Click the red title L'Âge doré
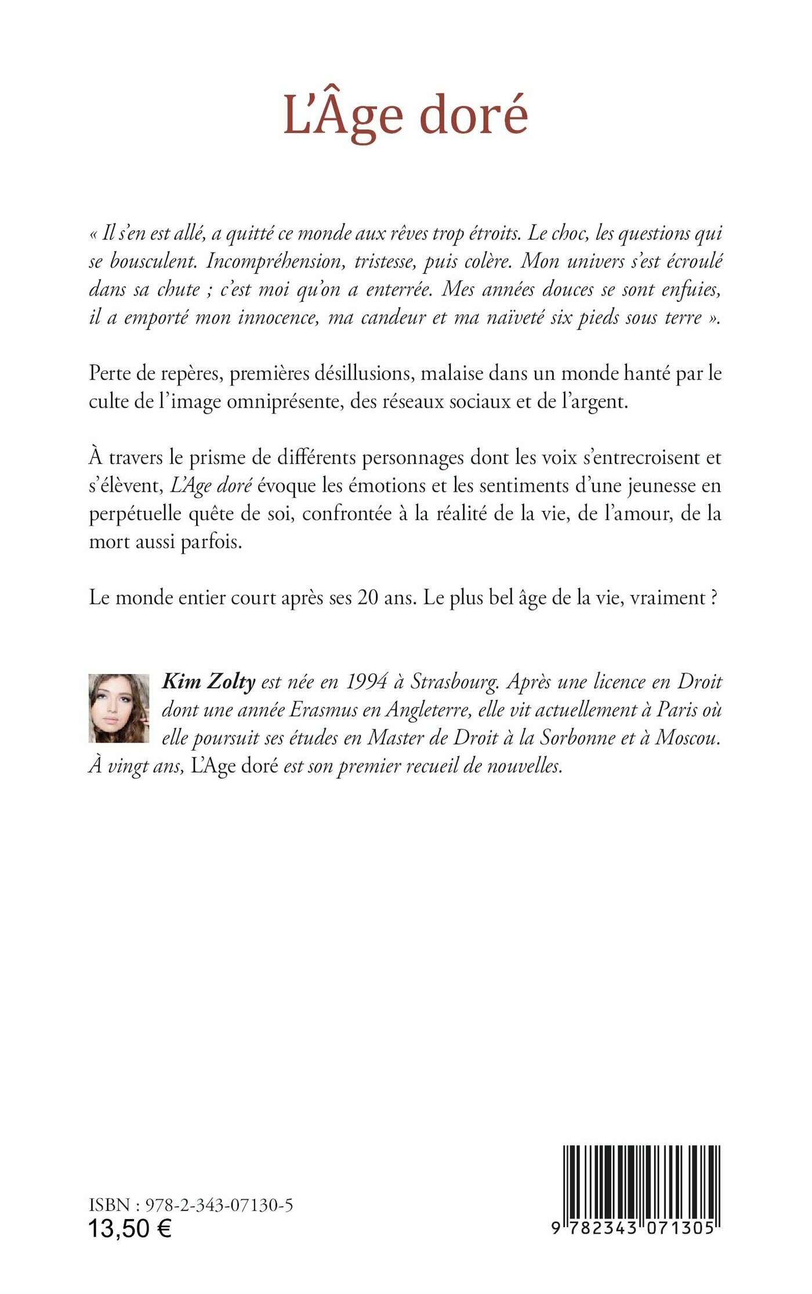(405, 115)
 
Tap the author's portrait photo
(119, 708)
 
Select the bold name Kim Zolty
(209, 681)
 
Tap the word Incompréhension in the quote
(278, 262)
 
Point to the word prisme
(214, 457)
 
